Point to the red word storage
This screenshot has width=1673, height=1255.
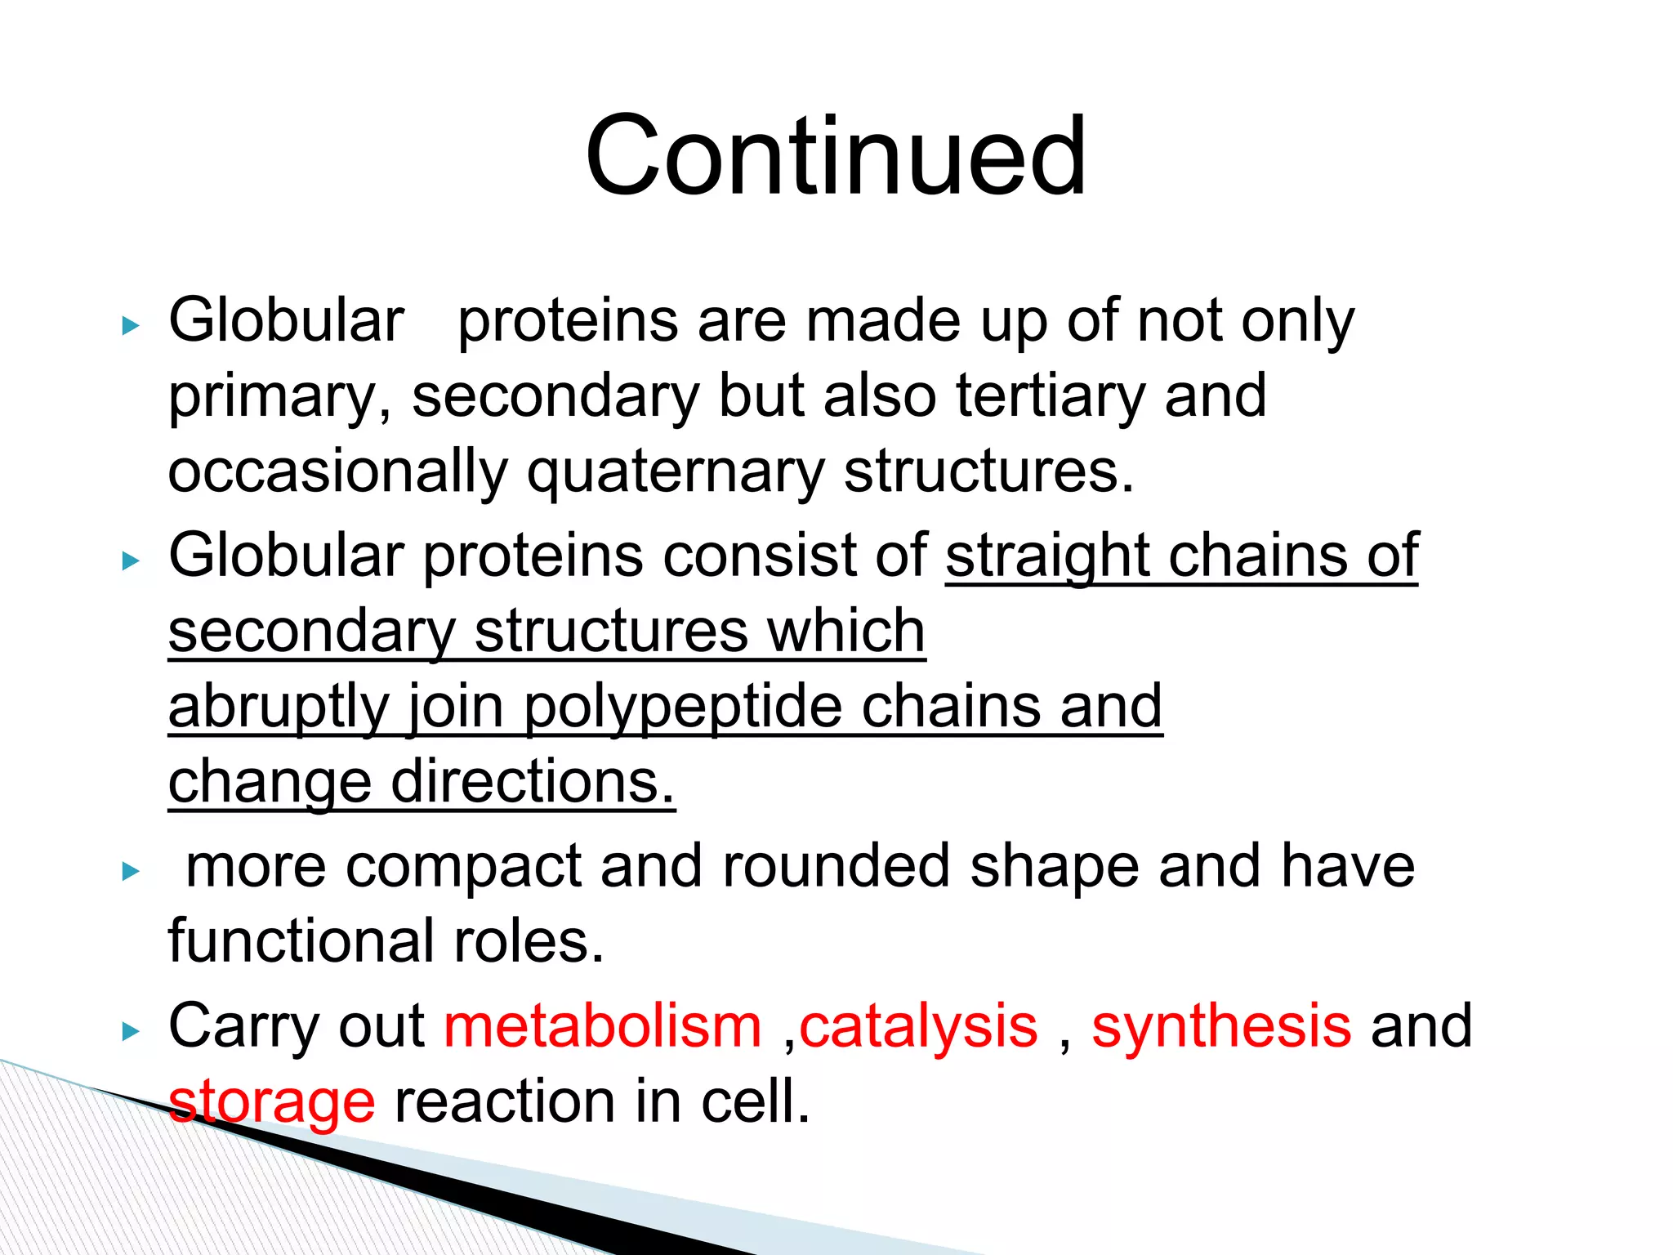point(271,1101)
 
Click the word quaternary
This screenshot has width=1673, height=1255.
point(676,472)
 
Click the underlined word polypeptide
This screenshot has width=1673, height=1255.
point(683,707)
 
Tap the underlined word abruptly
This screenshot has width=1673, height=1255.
point(278,707)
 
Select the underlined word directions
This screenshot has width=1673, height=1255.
point(533,782)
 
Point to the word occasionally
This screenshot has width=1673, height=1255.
point(337,472)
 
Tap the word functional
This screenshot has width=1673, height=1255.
point(301,941)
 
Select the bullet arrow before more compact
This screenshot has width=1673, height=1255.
point(131,872)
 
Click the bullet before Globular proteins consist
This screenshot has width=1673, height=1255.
point(131,561)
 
